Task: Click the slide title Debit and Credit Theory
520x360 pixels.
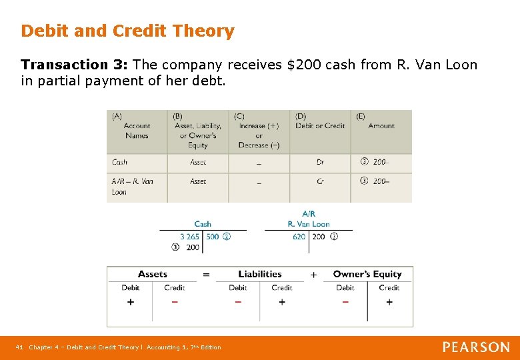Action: coord(127,31)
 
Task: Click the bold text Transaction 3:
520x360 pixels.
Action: coord(75,65)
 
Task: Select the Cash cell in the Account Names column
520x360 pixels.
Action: coord(120,162)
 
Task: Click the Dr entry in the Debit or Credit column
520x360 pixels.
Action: coord(321,162)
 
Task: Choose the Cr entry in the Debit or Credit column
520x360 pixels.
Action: coord(321,181)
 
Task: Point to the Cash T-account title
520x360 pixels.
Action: coord(203,224)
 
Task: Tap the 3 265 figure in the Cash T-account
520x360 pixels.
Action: coord(189,237)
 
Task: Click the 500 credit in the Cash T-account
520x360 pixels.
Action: coord(213,237)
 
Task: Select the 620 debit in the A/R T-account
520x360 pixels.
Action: coord(299,237)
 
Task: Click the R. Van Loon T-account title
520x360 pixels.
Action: coord(309,224)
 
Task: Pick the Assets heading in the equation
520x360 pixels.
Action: coord(153,274)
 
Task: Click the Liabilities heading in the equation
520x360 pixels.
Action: coord(260,274)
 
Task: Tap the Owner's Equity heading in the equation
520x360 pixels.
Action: coord(367,274)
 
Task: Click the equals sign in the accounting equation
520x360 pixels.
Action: coord(207,275)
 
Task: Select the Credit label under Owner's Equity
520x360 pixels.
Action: coord(389,288)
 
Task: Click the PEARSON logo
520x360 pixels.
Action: coord(476,347)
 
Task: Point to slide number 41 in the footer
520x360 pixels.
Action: coord(19,347)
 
